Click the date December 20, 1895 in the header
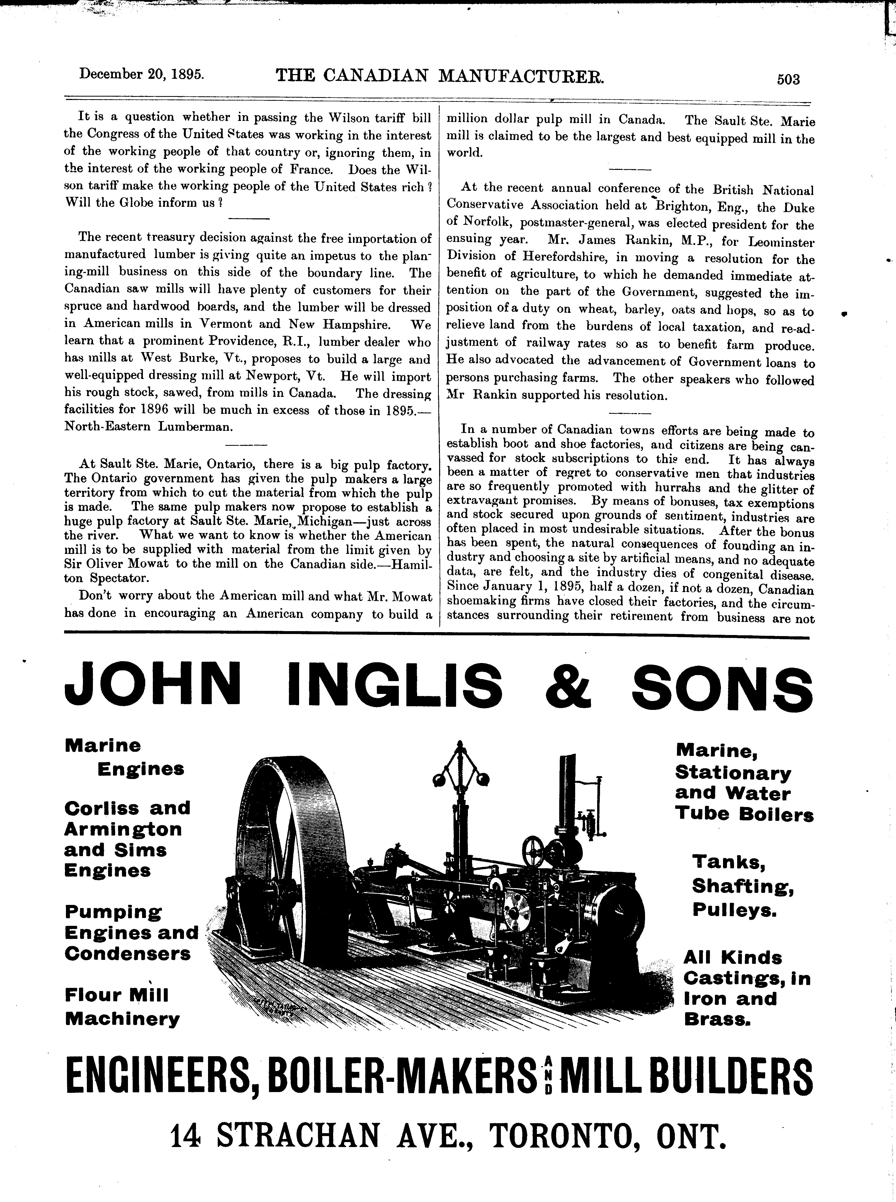point(142,74)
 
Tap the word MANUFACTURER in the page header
point(521,76)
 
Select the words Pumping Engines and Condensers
point(130,933)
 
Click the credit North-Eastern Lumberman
point(149,426)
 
